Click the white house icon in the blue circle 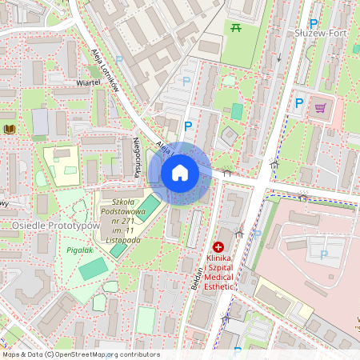tap(180, 173)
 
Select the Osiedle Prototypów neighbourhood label tap(55, 226)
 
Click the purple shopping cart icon tap(321, 107)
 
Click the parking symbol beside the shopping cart tap(299, 102)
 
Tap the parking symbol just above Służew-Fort tap(314, 24)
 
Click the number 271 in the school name tap(133, 221)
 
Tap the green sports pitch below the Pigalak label tap(91, 269)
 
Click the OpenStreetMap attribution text tap(80, 354)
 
